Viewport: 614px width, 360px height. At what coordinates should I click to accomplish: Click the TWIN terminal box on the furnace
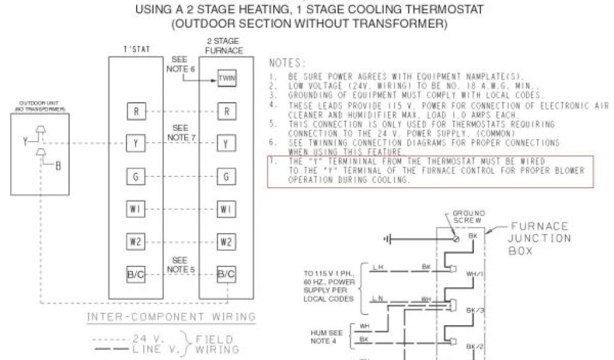(x=226, y=79)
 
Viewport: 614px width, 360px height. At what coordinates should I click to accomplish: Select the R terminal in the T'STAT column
(x=136, y=111)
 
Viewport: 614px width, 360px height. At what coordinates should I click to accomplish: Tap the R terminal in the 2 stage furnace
(x=226, y=111)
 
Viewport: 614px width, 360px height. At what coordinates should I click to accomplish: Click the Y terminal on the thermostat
(x=136, y=144)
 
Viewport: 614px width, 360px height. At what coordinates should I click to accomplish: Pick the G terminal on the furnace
(x=226, y=177)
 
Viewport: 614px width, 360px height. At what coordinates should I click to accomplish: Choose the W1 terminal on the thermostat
(x=136, y=209)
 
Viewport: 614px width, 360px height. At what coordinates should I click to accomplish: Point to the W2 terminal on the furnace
(x=226, y=242)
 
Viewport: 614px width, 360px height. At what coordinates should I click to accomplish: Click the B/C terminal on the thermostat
(x=136, y=275)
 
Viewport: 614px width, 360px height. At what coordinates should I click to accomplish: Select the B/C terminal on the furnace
(x=226, y=275)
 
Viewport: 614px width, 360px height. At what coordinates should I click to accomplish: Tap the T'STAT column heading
(x=136, y=49)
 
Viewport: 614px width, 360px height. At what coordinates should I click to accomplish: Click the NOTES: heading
(x=287, y=63)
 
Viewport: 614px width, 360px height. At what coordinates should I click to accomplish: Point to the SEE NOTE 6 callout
(x=180, y=65)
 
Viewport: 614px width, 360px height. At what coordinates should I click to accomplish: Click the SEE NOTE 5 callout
(x=180, y=265)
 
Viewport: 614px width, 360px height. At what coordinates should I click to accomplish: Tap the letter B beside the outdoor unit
(x=58, y=166)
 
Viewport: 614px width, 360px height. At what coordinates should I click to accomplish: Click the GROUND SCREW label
(x=468, y=217)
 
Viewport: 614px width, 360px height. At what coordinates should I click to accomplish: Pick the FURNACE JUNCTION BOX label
(x=538, y=239)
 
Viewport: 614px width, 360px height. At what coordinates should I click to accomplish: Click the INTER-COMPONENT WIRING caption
(x=171, y=317)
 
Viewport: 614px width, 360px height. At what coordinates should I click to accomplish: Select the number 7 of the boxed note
(x=273, y=162)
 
